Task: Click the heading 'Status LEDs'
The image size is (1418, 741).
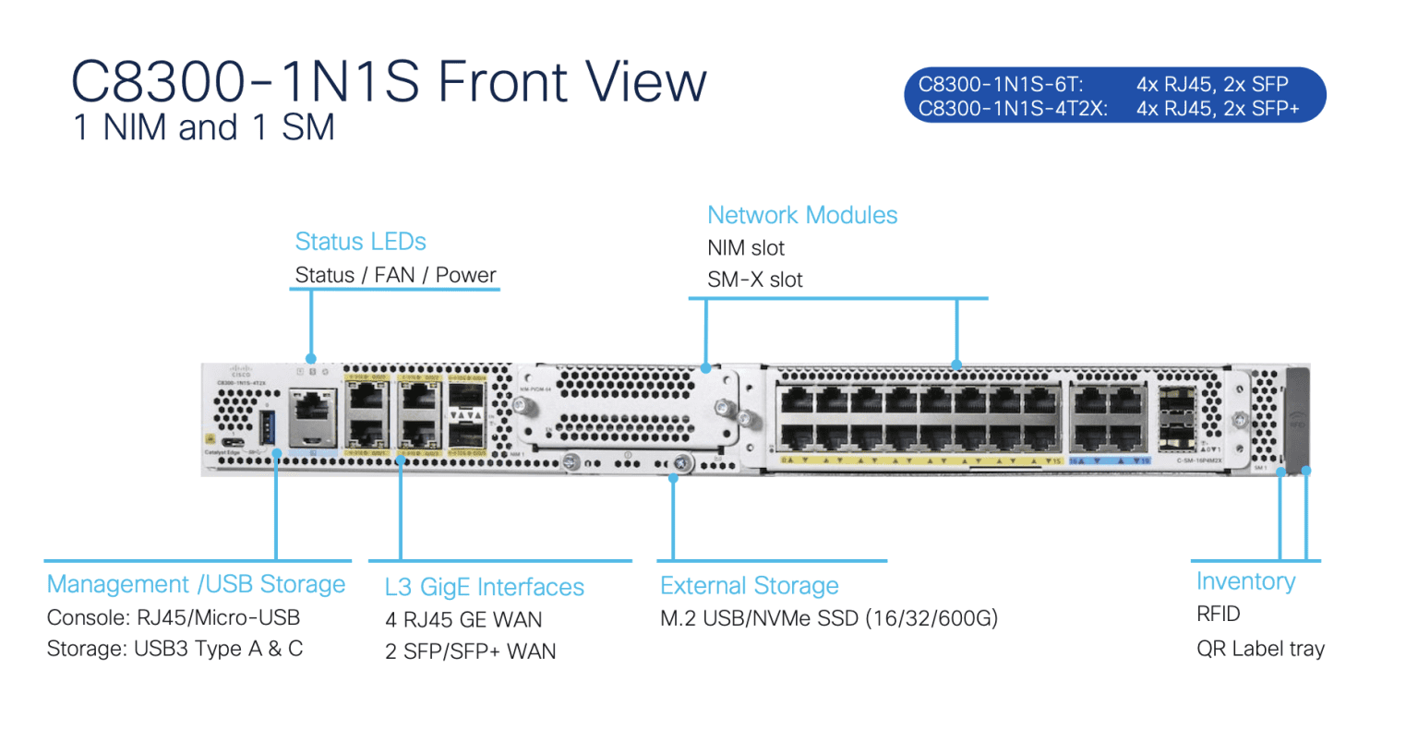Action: [360, 242]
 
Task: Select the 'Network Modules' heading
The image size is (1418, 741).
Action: [801, 215]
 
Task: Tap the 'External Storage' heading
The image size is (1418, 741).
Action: [749, 586]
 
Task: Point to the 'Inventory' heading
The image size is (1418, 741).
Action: [1245, 581]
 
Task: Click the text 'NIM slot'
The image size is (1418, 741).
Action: [745, 248]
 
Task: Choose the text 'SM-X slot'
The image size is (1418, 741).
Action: [754, 280]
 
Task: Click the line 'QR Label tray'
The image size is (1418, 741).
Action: [1260, 649]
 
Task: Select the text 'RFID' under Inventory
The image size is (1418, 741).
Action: [1218, 615]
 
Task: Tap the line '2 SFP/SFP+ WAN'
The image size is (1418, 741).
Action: [470, 651]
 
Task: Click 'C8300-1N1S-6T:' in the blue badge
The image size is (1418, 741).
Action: [1000, 84]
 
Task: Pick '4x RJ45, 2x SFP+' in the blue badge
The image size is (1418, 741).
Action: [1217, 109]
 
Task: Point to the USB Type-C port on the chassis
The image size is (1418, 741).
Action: [234, 440]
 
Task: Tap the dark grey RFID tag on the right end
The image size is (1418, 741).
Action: [1297, 415]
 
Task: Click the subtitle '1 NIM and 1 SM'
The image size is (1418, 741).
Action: [203, 127]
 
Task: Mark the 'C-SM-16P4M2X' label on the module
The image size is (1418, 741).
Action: [1199, 460]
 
